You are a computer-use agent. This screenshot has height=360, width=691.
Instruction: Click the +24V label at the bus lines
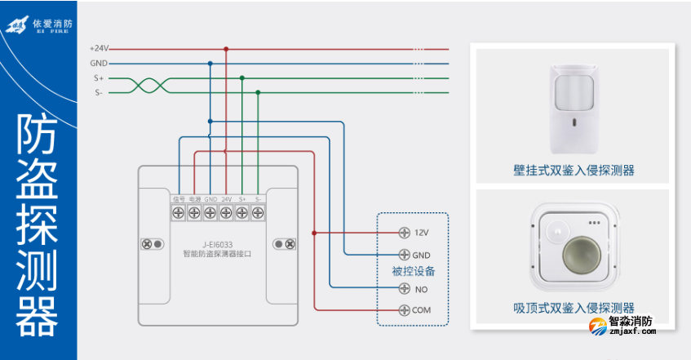pos(99,48)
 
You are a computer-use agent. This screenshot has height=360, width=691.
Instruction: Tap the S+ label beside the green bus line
pos(99,78)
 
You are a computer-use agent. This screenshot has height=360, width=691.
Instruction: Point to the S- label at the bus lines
pos(99,93)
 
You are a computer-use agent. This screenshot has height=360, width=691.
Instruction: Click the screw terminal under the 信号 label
pos(179,213)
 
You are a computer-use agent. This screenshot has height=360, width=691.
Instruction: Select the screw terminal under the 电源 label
pos(194,213)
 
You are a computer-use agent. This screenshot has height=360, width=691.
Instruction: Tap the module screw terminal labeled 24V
pos(226,213)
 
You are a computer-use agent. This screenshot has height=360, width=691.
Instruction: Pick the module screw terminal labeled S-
pos(258,213)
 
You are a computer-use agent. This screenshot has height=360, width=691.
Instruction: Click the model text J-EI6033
pos(217,243)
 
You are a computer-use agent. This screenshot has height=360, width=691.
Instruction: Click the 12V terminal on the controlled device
pos(404,233)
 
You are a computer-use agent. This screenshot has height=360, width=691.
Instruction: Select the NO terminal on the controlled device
pos(404,288)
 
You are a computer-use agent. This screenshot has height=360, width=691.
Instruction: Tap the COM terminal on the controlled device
pos(404,310)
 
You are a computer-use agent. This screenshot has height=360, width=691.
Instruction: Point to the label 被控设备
pos(413,271)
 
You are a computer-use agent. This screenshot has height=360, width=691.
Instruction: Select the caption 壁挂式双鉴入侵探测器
pos(574,171)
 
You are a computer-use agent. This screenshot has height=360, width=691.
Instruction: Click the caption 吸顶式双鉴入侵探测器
pos(574,308)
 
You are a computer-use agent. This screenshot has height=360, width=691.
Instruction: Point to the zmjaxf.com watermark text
pos(631,332)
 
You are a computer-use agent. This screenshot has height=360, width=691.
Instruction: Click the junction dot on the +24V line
pos(226,48)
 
